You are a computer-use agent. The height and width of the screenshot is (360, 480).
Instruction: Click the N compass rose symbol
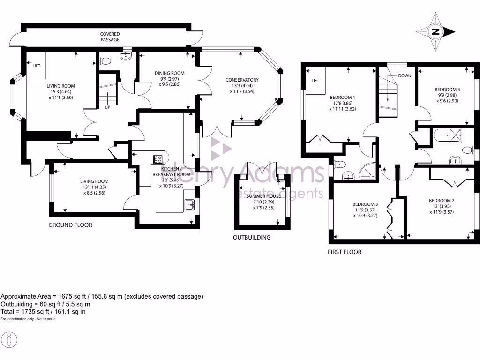click(x=436, y=32)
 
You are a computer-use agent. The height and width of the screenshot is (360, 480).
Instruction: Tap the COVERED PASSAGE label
click(x=110, y=37)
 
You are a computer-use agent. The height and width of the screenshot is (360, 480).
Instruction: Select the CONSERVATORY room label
click(x=241, y=80)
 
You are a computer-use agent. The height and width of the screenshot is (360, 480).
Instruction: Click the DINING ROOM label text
click(x=170, y=73)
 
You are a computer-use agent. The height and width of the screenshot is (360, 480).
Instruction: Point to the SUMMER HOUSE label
click(x=264, y=196)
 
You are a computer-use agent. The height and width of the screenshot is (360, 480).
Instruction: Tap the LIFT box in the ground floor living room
click(x=37, y=66)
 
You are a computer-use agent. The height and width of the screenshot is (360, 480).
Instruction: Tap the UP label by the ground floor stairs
click(x=107, y=107)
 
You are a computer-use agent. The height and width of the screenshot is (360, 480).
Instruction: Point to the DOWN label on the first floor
click(x=404, y=75)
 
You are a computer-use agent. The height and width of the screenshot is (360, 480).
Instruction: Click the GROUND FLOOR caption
click(x=70, y=225)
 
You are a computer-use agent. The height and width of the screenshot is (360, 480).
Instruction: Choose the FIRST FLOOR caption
click(x=345, y=252)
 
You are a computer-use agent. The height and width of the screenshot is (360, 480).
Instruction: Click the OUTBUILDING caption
click(x=252, y=238)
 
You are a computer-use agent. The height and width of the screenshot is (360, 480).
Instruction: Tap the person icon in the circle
click(x=10, y=339)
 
